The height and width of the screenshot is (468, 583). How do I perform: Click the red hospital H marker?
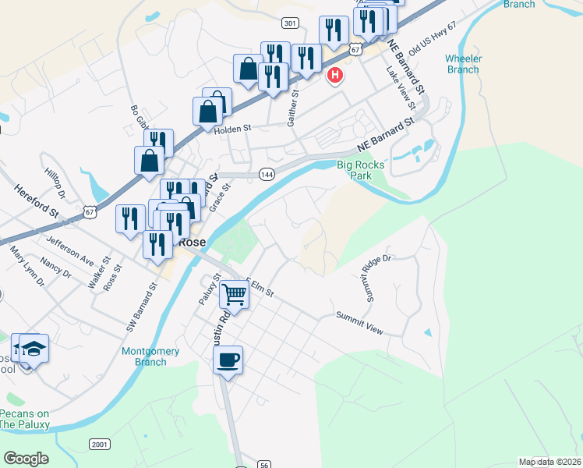335,76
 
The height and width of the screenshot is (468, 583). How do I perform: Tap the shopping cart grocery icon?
234,294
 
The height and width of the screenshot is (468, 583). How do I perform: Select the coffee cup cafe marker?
228,360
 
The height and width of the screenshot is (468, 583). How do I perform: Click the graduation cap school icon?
34,347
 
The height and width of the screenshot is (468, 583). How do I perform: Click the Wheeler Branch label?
463,64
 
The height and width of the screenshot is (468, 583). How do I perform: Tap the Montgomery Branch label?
150,356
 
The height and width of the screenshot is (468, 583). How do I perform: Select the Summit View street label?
359,323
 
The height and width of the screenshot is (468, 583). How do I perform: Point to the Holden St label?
234,129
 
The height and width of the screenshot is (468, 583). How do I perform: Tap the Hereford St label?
37,201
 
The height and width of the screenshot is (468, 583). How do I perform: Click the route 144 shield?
267,173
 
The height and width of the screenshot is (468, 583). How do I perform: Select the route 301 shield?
290,24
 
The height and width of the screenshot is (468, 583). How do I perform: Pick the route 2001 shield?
100,445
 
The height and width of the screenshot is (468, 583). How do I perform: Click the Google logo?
26,459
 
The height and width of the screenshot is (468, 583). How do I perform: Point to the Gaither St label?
293,109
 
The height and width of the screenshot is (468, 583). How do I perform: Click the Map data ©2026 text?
549,462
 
